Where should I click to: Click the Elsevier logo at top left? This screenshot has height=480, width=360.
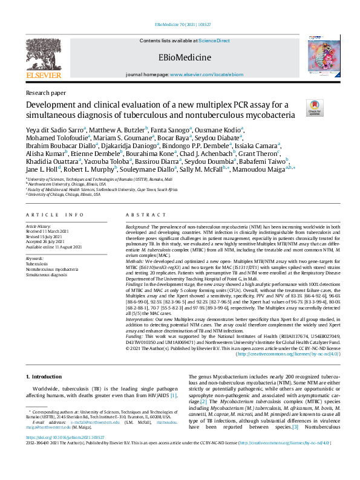[43, 58]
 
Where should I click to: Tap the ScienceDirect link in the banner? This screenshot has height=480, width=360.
[215, 41]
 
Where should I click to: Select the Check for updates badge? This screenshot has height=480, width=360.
[315, 108]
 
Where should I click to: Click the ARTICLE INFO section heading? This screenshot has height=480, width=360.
[54, 215]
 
